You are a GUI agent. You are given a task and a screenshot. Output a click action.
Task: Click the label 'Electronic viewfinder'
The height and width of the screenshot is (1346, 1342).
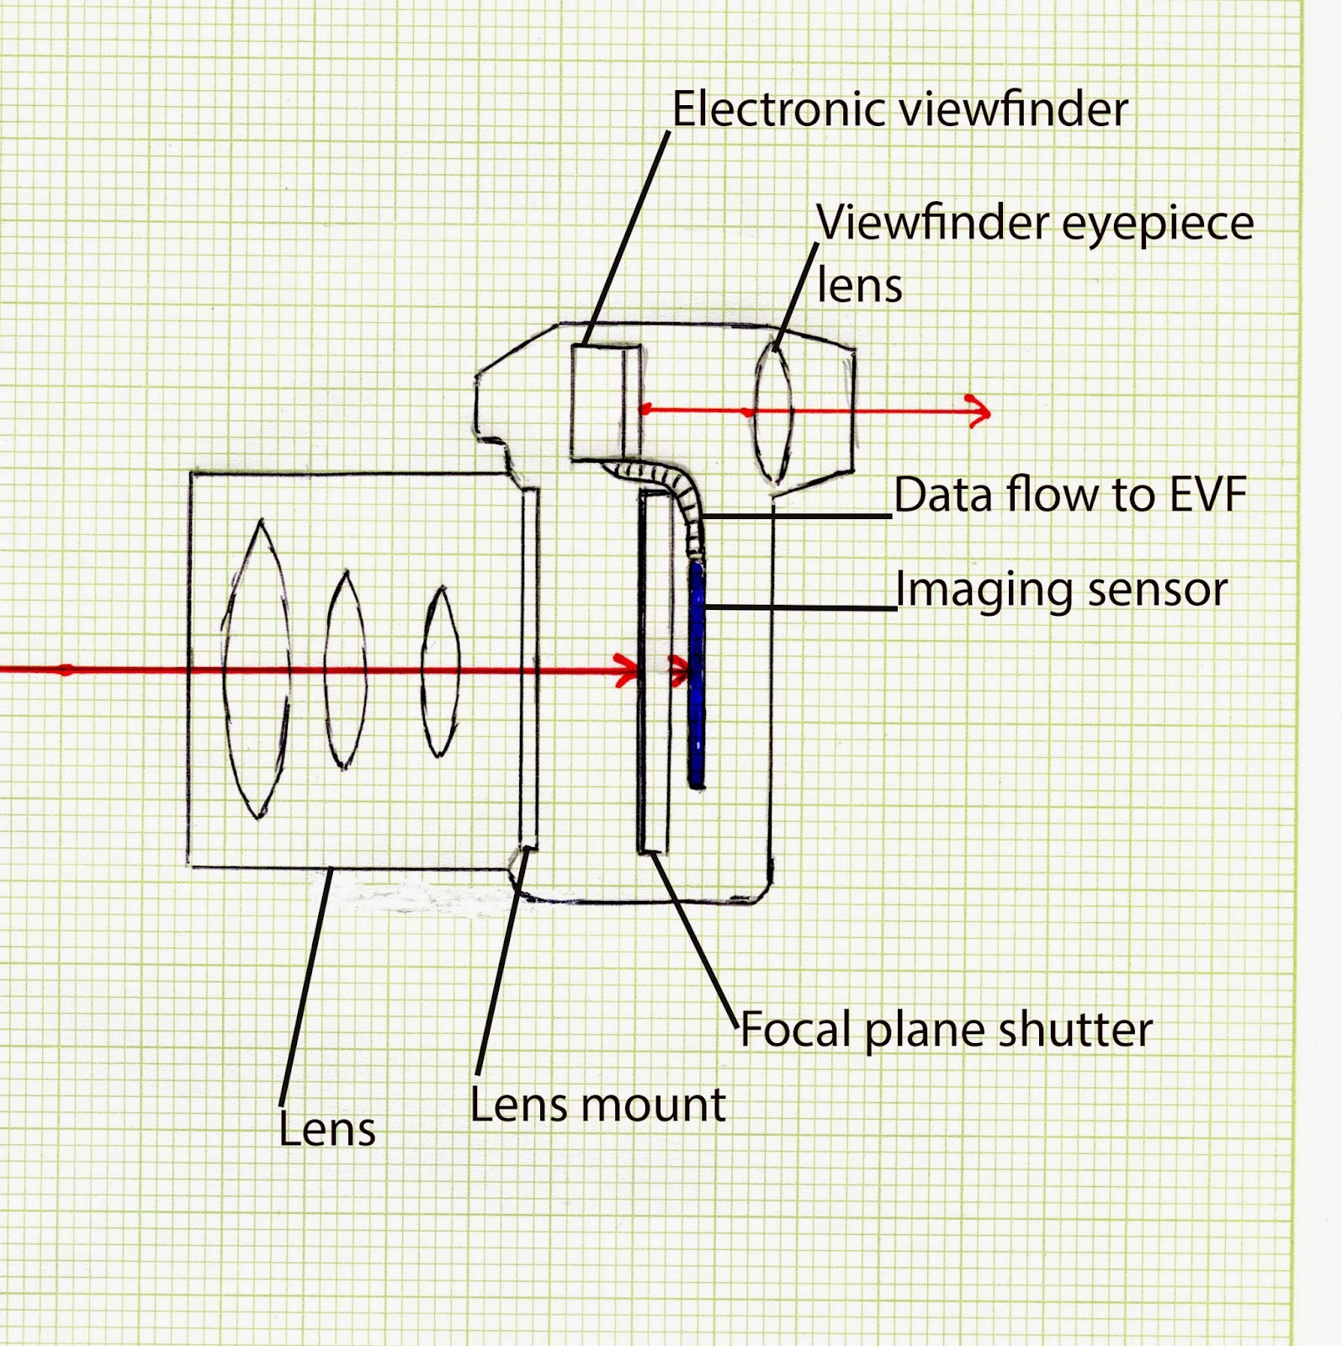899,110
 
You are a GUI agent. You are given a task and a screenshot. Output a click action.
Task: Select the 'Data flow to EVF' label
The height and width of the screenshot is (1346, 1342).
1069,495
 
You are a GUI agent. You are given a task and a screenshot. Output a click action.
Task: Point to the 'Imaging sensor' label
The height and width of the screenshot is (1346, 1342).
1061,589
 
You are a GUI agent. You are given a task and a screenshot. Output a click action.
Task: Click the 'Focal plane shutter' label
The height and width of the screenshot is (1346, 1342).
946,1030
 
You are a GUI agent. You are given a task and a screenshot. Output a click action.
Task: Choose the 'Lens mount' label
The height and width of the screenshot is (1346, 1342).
597,1105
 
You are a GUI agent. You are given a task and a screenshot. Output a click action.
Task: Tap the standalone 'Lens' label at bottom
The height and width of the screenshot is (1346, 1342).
326,1129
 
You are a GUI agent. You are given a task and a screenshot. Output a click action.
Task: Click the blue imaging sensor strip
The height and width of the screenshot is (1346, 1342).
696,673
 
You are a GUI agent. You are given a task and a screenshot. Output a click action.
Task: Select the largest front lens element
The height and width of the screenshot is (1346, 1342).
256,670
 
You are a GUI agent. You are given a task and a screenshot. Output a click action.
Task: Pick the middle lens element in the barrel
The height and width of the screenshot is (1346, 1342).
345,670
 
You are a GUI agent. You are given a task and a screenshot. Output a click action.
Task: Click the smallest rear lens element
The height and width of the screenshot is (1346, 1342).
439,670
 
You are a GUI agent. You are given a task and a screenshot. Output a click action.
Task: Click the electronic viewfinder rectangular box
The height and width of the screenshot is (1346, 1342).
604,401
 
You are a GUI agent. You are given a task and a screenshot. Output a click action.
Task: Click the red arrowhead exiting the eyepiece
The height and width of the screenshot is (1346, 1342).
978,411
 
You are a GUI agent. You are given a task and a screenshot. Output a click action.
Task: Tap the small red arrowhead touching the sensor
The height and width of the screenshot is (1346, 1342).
679,670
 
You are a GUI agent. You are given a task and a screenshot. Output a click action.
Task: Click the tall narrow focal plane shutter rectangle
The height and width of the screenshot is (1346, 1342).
654,673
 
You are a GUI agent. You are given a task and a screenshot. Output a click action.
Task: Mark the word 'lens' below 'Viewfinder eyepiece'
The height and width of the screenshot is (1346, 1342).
859,286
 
